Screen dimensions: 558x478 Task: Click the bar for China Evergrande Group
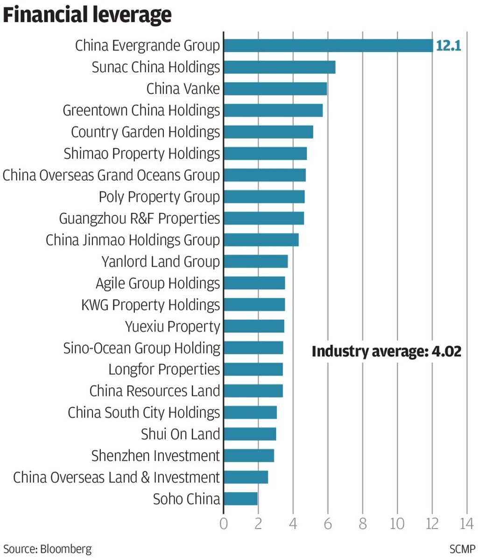328,45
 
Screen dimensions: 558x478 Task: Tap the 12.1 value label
448,46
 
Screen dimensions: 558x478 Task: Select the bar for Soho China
240,499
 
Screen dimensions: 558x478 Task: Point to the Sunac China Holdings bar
279,67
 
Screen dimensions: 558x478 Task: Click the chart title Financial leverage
87,15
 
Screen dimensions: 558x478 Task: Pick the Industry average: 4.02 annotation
386,351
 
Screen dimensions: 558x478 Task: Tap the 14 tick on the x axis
466,524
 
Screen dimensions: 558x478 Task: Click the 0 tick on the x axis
224,524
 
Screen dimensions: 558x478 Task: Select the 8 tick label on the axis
363,524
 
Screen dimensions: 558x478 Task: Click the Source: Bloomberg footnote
48,548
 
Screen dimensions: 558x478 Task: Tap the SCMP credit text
462,548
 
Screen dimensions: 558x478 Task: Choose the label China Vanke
183,89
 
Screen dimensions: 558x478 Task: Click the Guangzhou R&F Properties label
139,218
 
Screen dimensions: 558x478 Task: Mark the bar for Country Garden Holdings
268,132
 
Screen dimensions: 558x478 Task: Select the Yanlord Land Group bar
256,261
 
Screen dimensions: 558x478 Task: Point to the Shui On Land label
180,434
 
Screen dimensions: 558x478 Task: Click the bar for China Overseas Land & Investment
246,477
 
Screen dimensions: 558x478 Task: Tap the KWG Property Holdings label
150,304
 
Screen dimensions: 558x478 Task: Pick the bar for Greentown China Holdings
273,111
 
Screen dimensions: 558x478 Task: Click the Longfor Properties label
164,369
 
